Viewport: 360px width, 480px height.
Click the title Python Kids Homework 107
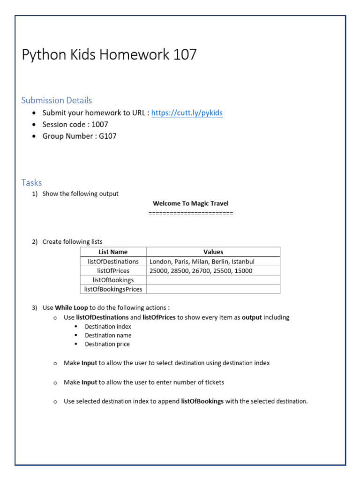(x=109, y=55)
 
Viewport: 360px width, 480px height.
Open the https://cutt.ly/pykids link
(x=187, y=113)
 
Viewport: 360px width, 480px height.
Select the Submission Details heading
(x=57, y=100)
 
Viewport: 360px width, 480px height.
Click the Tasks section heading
(x=32, y=183)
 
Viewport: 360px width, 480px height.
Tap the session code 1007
(x=100, y=125)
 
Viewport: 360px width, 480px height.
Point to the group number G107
(x=108, y=136)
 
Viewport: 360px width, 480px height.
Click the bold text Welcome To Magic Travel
(x=191, y=203)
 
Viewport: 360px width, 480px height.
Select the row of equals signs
(x=191, y=213)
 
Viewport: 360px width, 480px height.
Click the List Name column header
(x=113, y=252)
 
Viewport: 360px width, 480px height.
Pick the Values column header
(x=213, y=252)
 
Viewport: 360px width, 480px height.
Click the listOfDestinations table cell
(x=113, y=262)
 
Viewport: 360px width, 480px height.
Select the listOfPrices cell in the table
(x=113, y=271)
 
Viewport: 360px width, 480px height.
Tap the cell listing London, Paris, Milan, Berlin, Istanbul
(x=202, y=262)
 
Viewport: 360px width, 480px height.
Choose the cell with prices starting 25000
(x=201, y=271)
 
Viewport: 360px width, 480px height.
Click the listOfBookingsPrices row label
(x=113, y=289)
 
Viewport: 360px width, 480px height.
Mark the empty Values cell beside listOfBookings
(x=213, y=280)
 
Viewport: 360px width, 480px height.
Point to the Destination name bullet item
(x=108, y=335)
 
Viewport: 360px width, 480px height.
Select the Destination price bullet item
(x=107, y=344)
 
